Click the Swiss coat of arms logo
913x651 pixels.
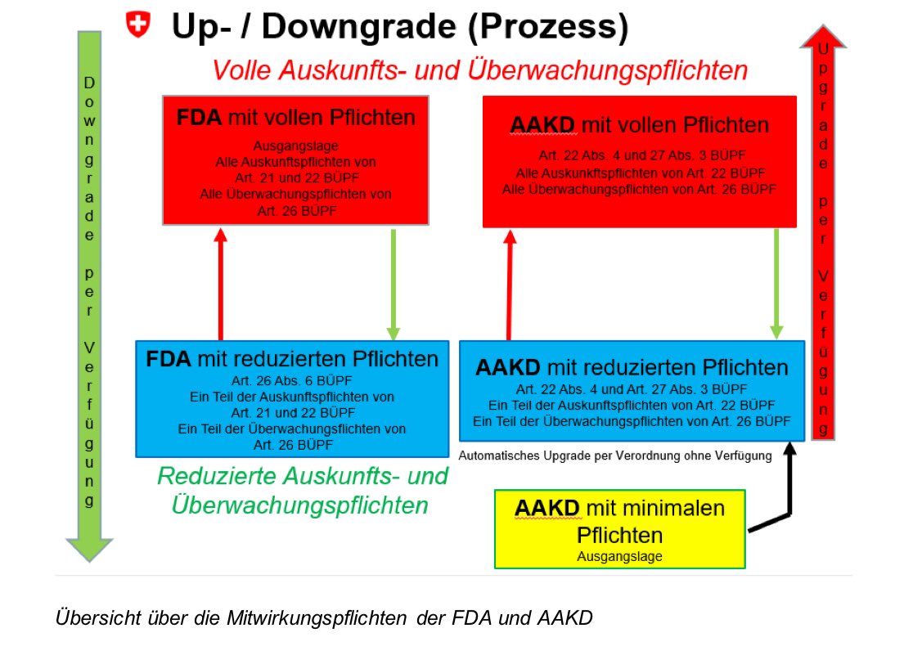[139, 25]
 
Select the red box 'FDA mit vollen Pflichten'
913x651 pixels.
[296, 159]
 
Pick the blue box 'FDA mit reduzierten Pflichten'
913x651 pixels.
[292, 397]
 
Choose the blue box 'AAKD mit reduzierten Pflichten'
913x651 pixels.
[632, 390]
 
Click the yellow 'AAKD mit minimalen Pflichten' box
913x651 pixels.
[619, 528]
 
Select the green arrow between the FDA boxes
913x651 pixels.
[393, 282]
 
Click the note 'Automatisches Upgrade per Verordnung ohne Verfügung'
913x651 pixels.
[615, 456]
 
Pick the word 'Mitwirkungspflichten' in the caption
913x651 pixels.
[315, 617]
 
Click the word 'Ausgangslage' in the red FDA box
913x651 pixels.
[295, 146]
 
